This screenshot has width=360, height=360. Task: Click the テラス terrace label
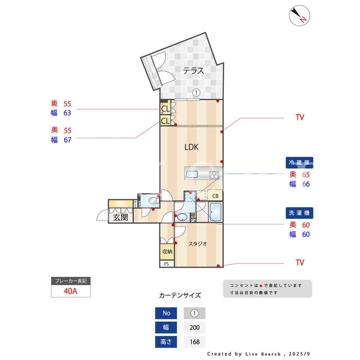click(193, 71)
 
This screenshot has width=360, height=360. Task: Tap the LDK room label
click(191, 147)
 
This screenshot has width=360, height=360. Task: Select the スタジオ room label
click(197, 244)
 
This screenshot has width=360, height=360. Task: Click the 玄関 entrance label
click(120, 217)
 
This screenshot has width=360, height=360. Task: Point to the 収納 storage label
click(167, 251)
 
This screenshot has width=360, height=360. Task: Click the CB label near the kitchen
click(215, 196)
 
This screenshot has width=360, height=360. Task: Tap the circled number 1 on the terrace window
click(196, 93)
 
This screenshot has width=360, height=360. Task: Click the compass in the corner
click(299, 16)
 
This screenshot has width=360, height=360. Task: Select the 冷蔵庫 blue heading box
click(299, 163)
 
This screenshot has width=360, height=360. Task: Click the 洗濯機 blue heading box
click(299, 213)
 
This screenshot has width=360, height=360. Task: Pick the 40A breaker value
click(70, 291)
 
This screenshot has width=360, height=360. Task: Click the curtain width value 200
click(195, 327)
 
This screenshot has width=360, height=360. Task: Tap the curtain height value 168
click(195, 342)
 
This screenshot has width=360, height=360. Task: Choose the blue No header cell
click(166, 313)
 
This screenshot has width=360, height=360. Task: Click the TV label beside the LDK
click(300, 118)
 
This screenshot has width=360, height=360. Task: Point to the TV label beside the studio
click(300, 263)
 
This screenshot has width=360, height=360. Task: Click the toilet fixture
click(154, 201)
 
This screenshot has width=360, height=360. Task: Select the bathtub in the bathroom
click(215, 212)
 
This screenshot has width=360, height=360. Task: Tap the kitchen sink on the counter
click(192, 174)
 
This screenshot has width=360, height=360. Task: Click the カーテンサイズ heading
click(180, 295)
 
